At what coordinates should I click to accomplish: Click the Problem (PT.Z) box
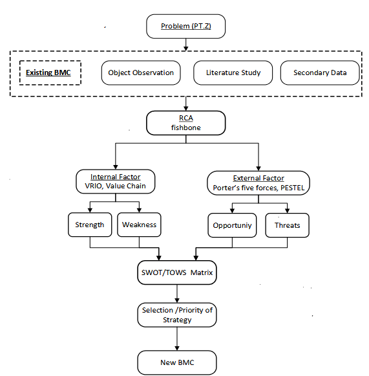185,26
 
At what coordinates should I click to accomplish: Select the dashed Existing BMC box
50,72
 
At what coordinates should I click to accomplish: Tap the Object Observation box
141,72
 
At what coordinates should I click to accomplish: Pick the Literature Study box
233,72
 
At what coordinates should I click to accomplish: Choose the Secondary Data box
320,72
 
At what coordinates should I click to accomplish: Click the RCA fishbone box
186,123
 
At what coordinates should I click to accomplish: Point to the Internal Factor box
116,181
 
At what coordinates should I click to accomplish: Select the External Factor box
258,183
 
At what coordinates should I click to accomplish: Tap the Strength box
90,225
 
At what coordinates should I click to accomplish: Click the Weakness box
139,225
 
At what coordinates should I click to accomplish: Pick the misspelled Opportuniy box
232,225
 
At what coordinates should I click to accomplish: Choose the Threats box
287,225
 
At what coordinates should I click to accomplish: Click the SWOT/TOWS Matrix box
177,272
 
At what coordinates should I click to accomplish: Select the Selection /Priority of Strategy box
177,315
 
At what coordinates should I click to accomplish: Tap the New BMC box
177,362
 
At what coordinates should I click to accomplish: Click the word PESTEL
292,188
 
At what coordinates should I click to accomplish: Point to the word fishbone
186,127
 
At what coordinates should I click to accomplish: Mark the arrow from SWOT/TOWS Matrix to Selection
177,294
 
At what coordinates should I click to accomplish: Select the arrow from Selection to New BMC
177,338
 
